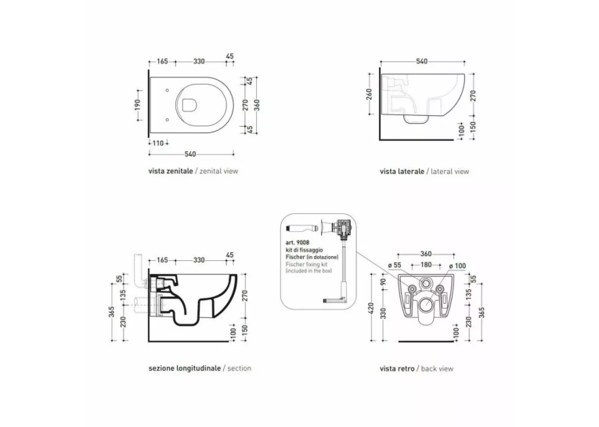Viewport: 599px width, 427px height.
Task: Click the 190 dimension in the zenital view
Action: tap(138, 105)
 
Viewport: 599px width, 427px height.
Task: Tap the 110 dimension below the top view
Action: tap(158, 143)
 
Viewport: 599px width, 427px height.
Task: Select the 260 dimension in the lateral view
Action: tap(369, 95)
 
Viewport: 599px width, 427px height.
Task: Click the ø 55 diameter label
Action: tap(395, 265)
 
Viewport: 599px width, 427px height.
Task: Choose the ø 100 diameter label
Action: tap(457, 266)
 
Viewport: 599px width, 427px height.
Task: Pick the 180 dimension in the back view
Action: tap(426, 265)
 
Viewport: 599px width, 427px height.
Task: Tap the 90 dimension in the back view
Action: tap(384, 282)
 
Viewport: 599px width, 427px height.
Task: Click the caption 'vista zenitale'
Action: tap(171, 171)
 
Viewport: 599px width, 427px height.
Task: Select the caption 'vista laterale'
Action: tap(402, 172)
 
